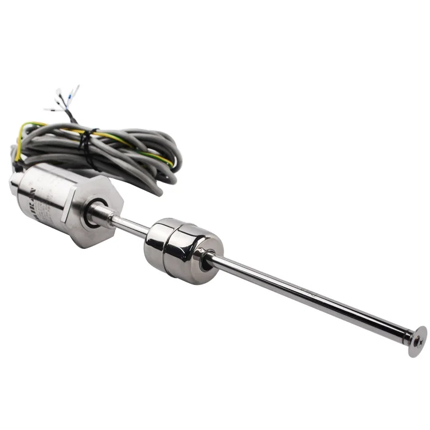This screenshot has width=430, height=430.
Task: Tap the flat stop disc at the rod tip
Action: (x=417, y=341)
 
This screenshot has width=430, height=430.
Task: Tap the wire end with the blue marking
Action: (x=75, y=92)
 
